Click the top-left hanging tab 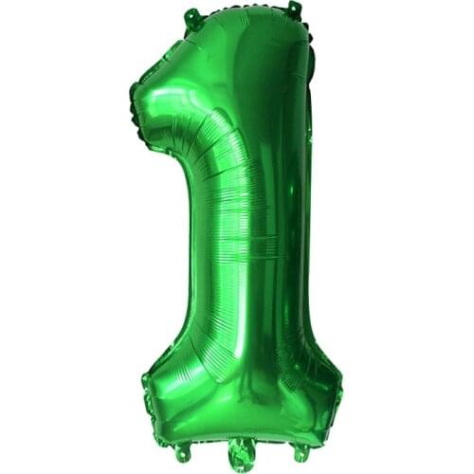point(192,15)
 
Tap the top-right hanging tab point(294,10)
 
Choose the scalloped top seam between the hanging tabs point(242,9)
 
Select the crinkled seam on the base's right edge point(337,389)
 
